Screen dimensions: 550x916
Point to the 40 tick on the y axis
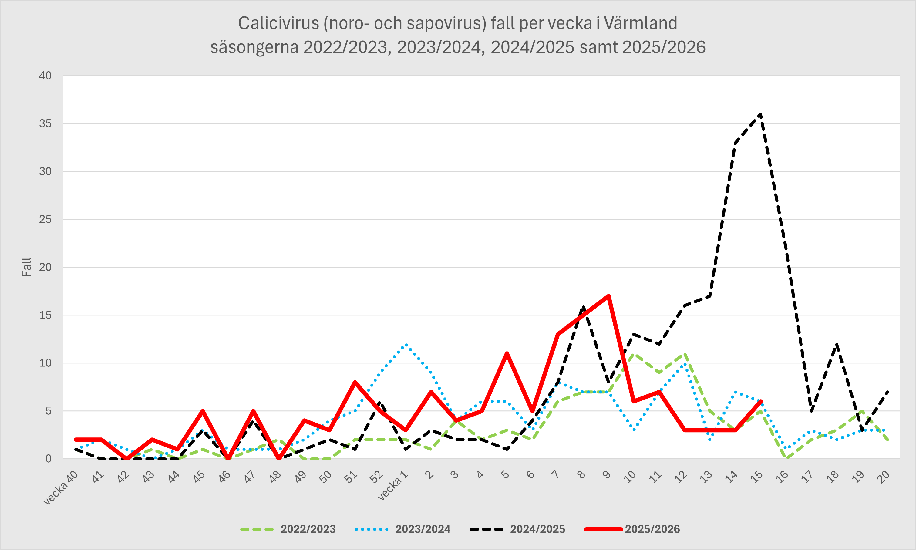(45, 76)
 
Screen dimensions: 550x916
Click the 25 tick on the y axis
(45, 219)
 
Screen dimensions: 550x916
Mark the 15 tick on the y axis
(45, 315)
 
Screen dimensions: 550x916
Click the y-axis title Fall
(27, 267)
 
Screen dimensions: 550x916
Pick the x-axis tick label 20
(883, 477)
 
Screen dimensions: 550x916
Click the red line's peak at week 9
(608, 296)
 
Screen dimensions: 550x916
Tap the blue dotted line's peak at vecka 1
(406, 344)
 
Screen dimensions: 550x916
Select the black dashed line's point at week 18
(836, 344)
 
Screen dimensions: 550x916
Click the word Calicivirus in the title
(278, 23)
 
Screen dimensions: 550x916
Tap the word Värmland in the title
(641, 23)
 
